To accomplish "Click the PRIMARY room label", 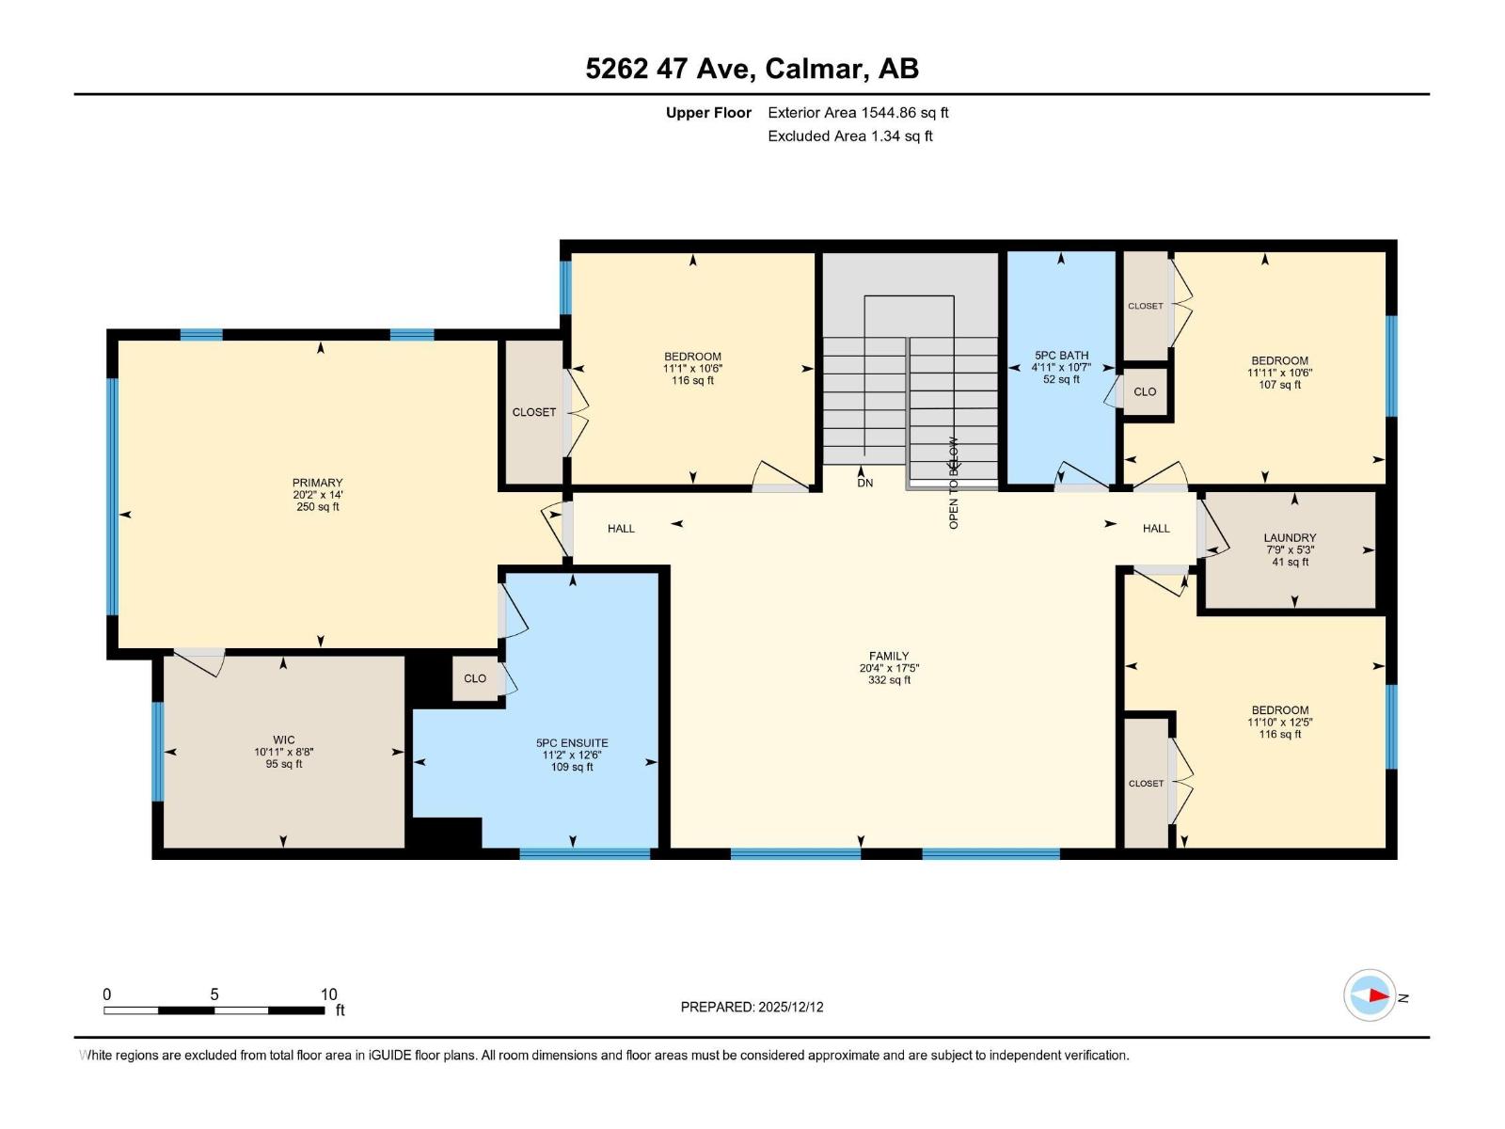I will [x=317, y=483].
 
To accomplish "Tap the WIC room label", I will [x=283, y=740].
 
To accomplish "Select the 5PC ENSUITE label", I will [x=572, y=743].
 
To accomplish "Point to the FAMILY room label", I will [x=889, y=657].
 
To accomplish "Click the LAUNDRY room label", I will [x=1290, y=538].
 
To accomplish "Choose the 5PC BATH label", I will [x=1061, y=356].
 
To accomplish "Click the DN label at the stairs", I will [x=864, y=483].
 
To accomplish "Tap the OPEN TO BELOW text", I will [x=954, y=483].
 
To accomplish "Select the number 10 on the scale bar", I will [x=328, y=994].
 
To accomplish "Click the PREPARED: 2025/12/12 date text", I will [x=752, y=1007].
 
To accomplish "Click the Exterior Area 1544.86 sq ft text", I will [x=858, y=113].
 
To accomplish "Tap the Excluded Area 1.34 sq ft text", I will [x=849, y=136].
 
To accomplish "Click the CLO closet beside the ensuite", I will [x=475, y=678].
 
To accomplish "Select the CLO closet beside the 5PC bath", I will [x=1145, y=391].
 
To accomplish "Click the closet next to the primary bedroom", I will [x=533, y=412].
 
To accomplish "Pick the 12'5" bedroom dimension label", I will [x=1279, y=723].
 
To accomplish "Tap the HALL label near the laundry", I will [x=1156, y=529].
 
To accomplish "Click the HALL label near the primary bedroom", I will [x=621, y=529].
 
